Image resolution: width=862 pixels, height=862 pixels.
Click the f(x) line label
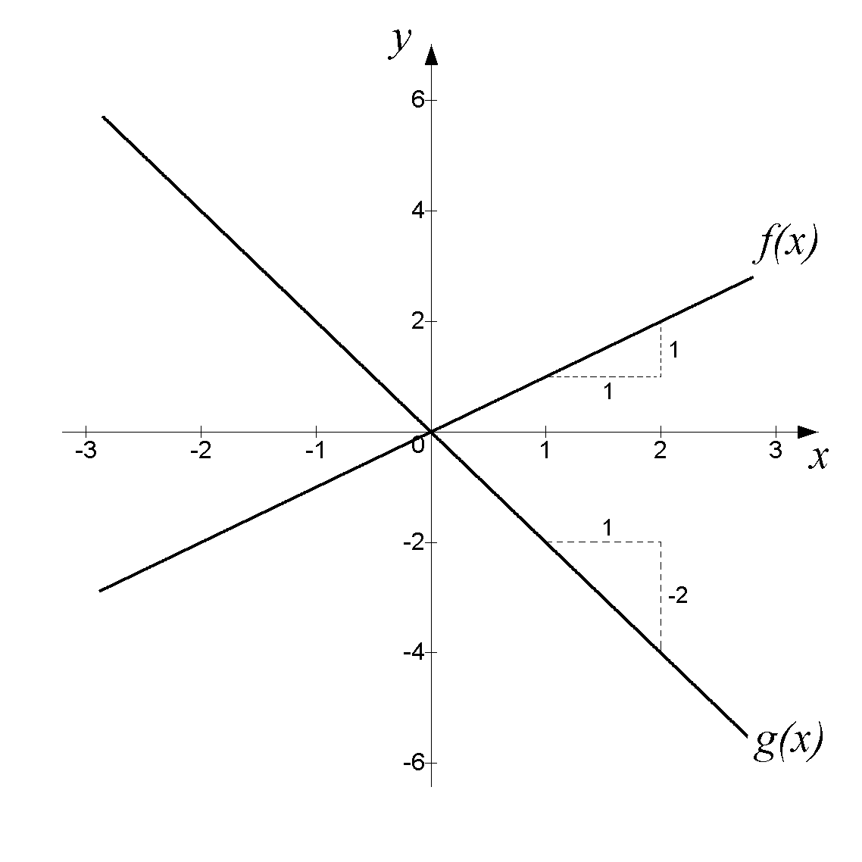click(786, 245)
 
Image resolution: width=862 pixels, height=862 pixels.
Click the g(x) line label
click(789, 741)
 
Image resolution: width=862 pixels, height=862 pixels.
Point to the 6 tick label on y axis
click(418, 100)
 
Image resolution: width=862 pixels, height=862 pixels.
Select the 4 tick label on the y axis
click(418, 211)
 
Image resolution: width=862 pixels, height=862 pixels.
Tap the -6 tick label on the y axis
click(414, 763)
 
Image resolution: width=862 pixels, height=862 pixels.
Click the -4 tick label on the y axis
click(414, 652)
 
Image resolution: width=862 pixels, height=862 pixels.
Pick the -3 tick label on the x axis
click(86, 451)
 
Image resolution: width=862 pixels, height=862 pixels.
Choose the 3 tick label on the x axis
click(776, 451)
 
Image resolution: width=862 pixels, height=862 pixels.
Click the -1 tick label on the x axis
click(316, 451)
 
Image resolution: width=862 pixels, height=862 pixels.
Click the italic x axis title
click(819, 458)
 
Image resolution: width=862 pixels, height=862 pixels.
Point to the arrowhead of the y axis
click(432, 55)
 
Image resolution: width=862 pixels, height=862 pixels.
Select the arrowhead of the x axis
click(807, 432)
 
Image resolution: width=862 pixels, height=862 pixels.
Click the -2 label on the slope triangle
click(677, 596)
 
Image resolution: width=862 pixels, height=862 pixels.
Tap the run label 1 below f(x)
click(608, 392)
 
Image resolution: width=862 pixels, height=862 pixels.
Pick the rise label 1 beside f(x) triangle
click(674, 350)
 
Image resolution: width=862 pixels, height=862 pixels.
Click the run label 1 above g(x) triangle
click(607, 528)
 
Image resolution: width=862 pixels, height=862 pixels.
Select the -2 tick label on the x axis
click(201, 451)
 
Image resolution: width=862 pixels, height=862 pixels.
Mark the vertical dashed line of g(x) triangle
click(661, 597)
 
